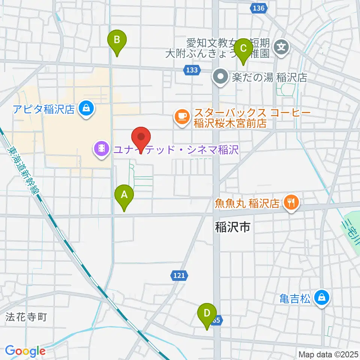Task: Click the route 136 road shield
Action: (x=259, y=8)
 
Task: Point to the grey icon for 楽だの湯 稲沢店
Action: (x=220, y=78)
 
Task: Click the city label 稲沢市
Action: (x=233, y=226)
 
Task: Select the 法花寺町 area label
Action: (x=26, y=317)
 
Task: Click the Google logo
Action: (x=25, y=351)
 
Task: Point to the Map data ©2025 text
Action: (x=329, y=354)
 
